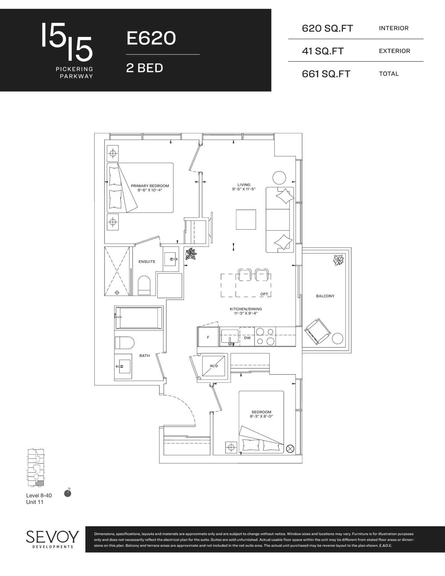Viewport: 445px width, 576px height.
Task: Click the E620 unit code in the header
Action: (151, 38)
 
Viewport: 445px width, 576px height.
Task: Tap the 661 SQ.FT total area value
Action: (326, 74)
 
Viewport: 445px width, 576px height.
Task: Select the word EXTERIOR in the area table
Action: (394, 51)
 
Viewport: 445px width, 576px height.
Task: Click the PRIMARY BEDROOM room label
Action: (150, 186)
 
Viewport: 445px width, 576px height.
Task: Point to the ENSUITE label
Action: (147, 262)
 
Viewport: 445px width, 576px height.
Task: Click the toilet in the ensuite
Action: (144, 285)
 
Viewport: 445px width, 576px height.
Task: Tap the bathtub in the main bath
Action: (138, 318)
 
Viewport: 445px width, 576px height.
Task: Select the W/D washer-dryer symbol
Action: (214, 366)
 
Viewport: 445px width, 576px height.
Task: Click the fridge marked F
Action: (208, 337)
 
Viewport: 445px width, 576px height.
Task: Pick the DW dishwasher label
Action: (247, 338)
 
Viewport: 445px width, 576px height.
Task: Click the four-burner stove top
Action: (265, 337)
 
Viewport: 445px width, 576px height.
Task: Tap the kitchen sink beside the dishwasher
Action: (230, 337)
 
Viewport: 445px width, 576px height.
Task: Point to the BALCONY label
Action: (325, 296)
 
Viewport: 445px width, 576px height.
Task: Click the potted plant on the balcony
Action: (339, 260)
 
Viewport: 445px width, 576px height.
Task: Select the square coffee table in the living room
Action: (246, 220)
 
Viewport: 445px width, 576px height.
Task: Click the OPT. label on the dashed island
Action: (265, 294)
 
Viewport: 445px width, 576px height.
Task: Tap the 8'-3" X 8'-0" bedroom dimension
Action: (261, 416)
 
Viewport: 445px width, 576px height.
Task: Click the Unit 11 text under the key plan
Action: (35, 502)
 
